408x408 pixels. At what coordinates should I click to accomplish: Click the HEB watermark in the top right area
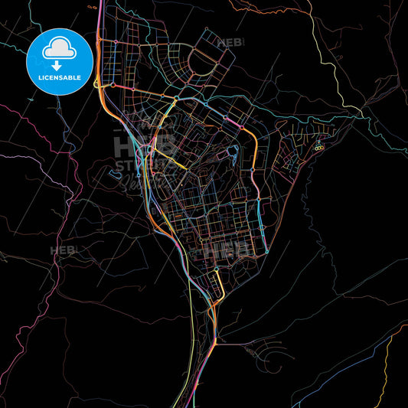(x=230, y=44)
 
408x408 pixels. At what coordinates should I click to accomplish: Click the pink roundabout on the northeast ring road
(x=241, y=126)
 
